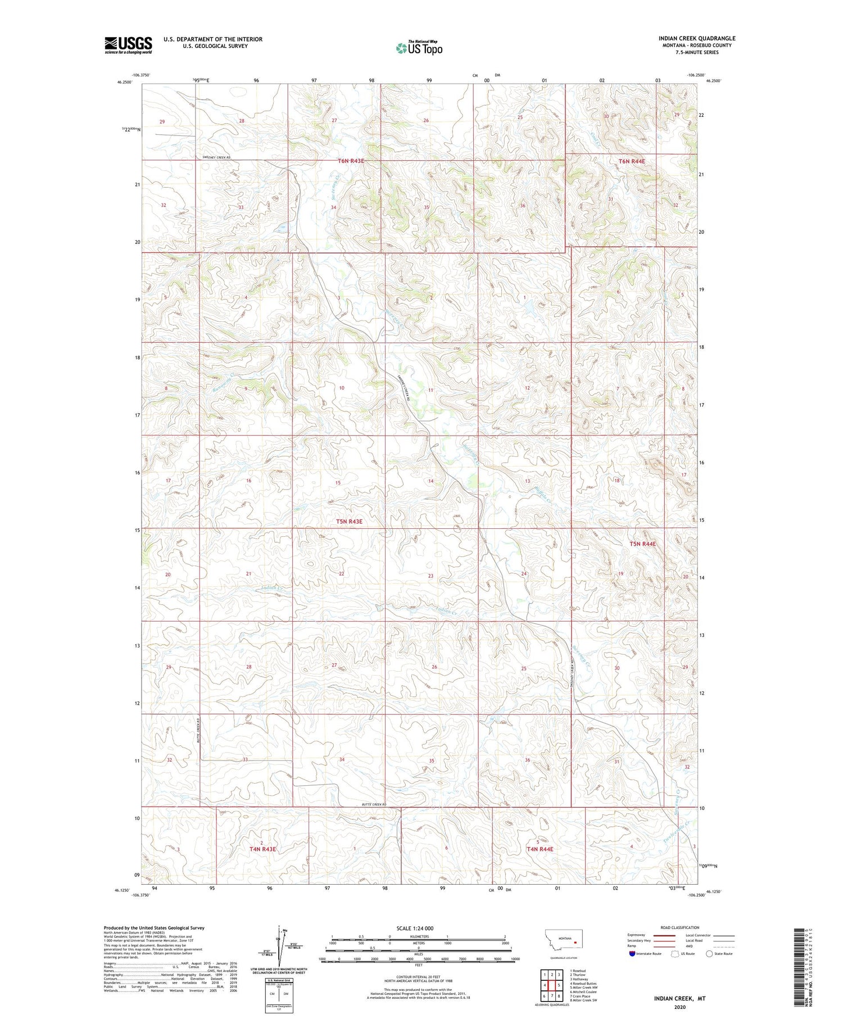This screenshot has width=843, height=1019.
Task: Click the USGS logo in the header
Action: (128, 45)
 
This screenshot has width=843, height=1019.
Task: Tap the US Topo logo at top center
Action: (419, 48)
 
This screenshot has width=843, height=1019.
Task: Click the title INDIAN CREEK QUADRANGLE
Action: (697, 38)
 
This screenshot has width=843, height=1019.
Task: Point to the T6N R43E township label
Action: (351, 161)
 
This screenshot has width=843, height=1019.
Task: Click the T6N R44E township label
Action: (632, 161)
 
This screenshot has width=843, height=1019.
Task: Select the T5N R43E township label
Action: (349, 522)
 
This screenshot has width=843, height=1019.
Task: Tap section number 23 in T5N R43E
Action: (430, 576)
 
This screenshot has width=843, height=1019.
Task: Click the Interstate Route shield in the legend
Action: (632, 954)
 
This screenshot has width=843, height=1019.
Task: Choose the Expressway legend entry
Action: (638, 935)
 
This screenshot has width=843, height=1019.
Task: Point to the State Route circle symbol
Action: (709, 954)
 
